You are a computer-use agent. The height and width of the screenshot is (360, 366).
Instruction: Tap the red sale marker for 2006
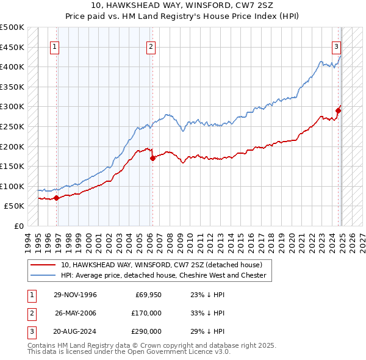(152, 158)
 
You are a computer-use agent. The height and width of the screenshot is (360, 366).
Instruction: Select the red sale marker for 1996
(56, 198)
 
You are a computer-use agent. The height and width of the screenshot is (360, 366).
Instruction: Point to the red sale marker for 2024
(338, 110)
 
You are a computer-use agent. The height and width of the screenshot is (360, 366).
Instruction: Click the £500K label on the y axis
(12, 27)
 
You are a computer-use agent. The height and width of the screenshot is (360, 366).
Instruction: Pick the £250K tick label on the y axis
(12, 126)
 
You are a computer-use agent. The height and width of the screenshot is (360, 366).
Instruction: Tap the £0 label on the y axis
(20, 226)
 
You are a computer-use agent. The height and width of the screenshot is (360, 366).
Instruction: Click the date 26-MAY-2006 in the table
(76, 313)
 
